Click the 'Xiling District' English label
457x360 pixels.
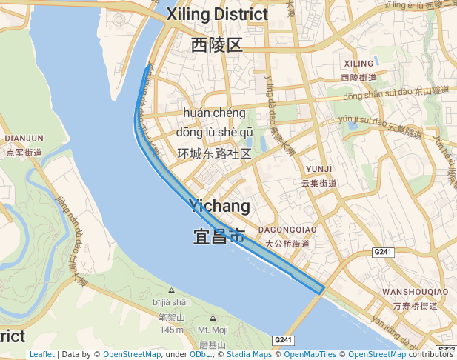[x=217, y=14]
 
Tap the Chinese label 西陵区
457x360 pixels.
[x=216, y=45]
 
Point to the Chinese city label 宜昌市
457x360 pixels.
[x=219, y=236]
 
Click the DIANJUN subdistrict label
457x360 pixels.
[x=24, y=138]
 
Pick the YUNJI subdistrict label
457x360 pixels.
[x=318, y=168]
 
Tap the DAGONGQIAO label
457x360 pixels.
[x=287, y=230]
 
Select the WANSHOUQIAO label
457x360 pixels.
[x=415, y=292]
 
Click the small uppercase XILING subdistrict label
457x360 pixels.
[x=359, y=64]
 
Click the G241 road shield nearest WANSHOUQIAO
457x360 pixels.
[x=382, y=253]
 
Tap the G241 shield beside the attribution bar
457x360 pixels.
[x=284, y=340]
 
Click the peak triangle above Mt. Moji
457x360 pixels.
[x=213, y=318]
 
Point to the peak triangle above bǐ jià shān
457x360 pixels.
[x=171, y=290]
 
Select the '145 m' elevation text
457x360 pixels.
[x=171, y=329]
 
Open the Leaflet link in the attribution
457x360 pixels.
[x=41, y=354]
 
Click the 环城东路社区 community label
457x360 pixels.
[x=214, y=153]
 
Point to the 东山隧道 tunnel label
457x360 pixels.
[x=431, y=90]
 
